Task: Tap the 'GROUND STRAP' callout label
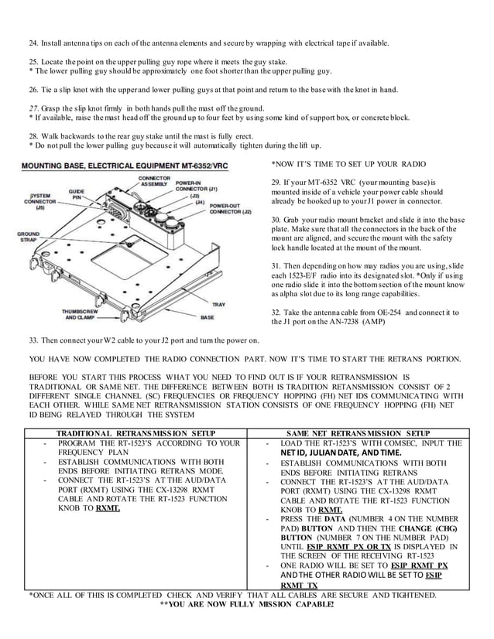(28, 237)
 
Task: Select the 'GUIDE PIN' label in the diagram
(77, 193)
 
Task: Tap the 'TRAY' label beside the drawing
(218, 304)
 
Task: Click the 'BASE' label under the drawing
(208, 317)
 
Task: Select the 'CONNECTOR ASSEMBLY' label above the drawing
(154, 181)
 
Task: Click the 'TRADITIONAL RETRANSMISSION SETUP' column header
(136, 433)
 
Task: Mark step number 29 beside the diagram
(276, 181)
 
